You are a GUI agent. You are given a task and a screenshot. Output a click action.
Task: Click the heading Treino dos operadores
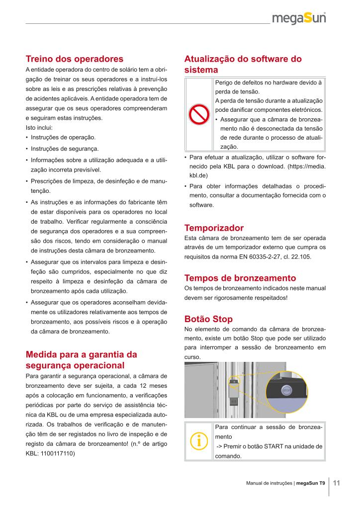click(x=74, y=59)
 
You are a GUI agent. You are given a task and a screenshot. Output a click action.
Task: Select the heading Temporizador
click(x=214, y=228)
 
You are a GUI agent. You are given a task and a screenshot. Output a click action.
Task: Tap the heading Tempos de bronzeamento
click(x=240, y=278)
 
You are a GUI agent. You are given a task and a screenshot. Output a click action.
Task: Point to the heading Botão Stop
click(x=208, y=319)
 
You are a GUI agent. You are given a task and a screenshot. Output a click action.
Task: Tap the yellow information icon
click(x=199, y=441)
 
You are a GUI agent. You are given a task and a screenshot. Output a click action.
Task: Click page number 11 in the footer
click(x=337, y=483)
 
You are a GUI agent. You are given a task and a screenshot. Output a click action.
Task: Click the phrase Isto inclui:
click(x=38, y=128)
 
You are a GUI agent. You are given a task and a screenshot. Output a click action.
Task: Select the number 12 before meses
click(x=131, y=387)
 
